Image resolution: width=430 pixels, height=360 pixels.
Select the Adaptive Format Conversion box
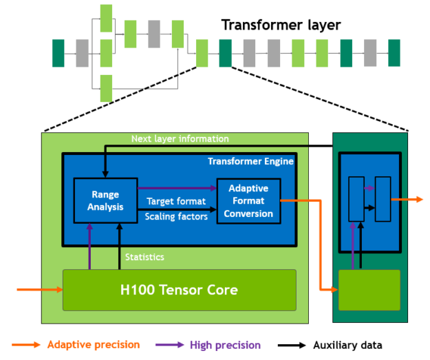248,200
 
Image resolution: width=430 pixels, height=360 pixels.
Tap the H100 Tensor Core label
179,290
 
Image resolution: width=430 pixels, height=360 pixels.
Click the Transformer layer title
281,26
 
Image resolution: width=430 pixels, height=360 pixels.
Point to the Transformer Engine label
250,161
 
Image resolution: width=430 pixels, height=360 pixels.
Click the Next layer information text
180,139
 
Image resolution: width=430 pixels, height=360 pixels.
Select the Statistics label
144,257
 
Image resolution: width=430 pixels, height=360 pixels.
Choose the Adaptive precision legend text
94,345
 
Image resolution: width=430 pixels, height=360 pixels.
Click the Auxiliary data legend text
347,345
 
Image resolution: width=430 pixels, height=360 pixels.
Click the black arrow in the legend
292,345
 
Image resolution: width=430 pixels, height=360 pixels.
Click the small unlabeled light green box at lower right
369,290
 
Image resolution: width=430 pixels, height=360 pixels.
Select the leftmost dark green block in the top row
58,53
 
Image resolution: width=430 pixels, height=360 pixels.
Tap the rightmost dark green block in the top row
394,53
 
